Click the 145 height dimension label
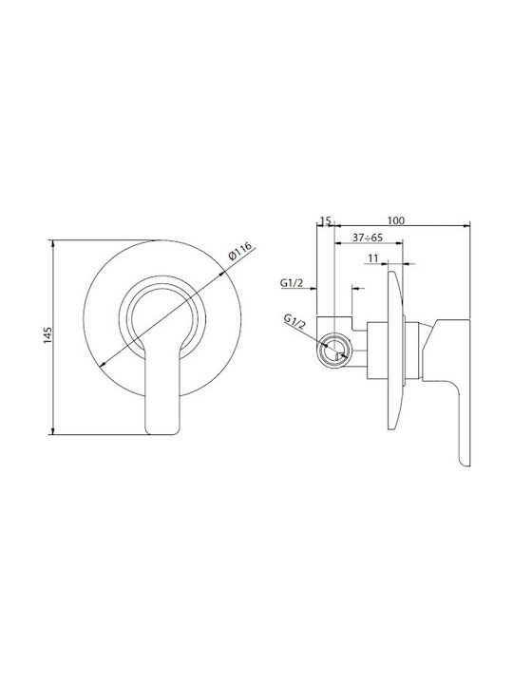point(48,335)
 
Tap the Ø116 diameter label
point(240,251)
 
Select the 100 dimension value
point(396,220)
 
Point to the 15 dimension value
point(326,220)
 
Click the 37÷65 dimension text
point(368,237)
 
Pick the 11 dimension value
point(373,258)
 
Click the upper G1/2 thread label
point(291,283)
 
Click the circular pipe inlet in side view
point(335,351)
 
